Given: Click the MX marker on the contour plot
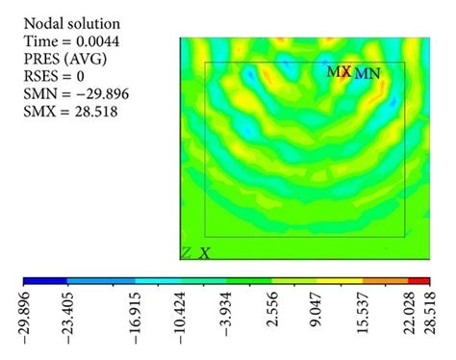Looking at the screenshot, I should [338, 71].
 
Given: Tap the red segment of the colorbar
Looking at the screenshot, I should [419, 283].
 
